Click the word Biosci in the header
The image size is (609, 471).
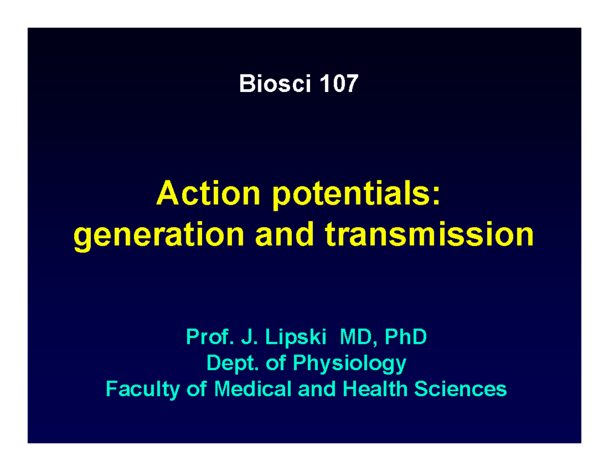click(x=275, y=83)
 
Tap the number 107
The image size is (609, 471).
click(x=339, y=83)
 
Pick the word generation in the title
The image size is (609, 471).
click(x=158, y=235)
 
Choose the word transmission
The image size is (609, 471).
click(x=429, y=234)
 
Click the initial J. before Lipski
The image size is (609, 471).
click(x=249, y=336)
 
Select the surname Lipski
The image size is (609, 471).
click(x=296, y=338)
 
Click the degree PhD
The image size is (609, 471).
click(x=406, y=336)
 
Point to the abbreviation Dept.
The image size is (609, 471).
click(x=232, y=363)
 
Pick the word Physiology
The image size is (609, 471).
click(x=350, y=364)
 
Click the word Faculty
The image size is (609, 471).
click(x=143, y=390)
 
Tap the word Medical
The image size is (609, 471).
click(x=253, y=389)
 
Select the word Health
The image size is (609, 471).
click(x=375, y=389)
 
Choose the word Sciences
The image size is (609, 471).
click(x=460, y=389)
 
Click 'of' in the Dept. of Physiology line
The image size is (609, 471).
click(x=276, y=362)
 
